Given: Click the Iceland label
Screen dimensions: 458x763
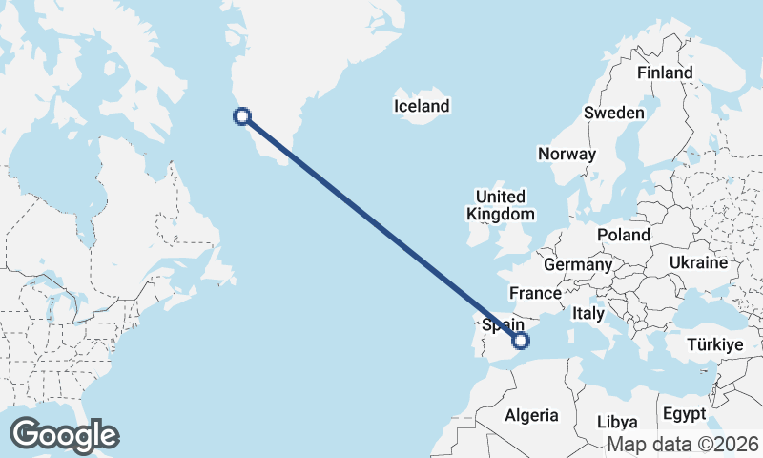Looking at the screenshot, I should pos(421,106).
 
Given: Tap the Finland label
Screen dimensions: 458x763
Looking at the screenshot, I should pos(665,73).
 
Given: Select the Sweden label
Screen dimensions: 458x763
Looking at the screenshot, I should pos(614,113).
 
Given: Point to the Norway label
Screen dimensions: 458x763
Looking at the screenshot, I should pos(567,154).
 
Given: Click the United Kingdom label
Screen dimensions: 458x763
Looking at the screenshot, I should pos(501,205).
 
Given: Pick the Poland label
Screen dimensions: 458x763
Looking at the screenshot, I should pos(623,235).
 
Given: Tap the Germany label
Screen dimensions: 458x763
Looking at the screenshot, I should pos(577,264).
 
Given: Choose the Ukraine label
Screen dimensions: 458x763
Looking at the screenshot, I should pos(698,262).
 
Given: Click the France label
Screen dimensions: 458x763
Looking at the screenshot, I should pos(534,293).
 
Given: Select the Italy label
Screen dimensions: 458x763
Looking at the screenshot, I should pos(588,313).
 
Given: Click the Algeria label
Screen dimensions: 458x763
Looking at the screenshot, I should pos(530,415).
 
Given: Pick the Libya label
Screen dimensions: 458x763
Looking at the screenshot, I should pos(616,422).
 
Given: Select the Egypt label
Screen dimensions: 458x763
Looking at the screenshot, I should pos(684,414).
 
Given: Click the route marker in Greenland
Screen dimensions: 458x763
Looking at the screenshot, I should pos(242,116).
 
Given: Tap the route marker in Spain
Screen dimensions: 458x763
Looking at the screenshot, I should pos(521,341).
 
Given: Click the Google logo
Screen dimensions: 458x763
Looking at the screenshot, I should pos(64,435).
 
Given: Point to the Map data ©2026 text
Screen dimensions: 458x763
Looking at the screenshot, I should pos(682,444).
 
